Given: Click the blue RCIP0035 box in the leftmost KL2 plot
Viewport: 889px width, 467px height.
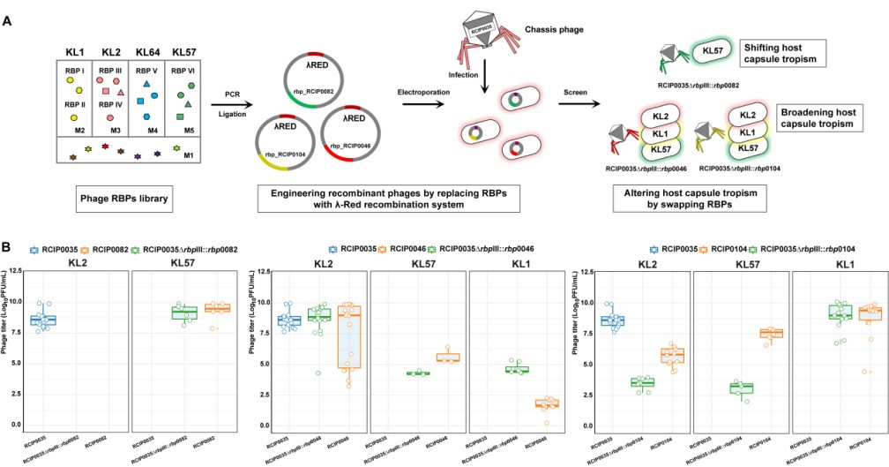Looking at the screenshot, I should [x=42, y=320].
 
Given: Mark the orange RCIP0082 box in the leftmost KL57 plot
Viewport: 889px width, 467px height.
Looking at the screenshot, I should [x=218, y=307].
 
